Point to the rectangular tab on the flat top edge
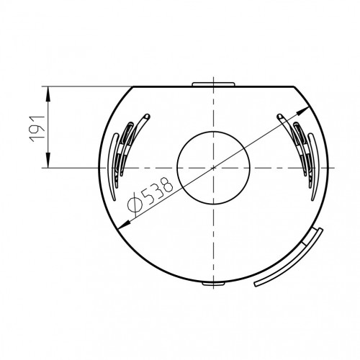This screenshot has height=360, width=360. pos(214,84)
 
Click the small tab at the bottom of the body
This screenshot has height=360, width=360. pos(214,284)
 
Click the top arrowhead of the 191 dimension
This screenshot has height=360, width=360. pos(48,89)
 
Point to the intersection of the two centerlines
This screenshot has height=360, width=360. pos(214,168)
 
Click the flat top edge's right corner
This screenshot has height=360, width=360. pos(294,86)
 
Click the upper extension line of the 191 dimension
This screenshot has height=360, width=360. pos(86,86)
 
